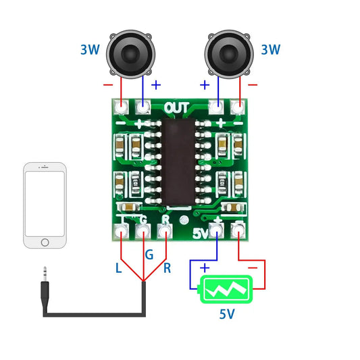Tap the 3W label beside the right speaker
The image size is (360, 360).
click(270, 49)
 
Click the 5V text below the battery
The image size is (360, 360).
click(228, 315)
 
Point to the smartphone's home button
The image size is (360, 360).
click(45, 242)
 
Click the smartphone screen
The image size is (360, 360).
click(45, 201)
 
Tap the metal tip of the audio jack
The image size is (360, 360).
click(45, 274)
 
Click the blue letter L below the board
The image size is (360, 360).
click(119, 268)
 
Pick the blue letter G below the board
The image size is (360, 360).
click(149, 255)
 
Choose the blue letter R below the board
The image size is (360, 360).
click(168, 268)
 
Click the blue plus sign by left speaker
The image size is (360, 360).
click(156, 85)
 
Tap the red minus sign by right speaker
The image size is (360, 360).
click(252, 85)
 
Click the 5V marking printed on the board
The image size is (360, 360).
click(201, 234)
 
